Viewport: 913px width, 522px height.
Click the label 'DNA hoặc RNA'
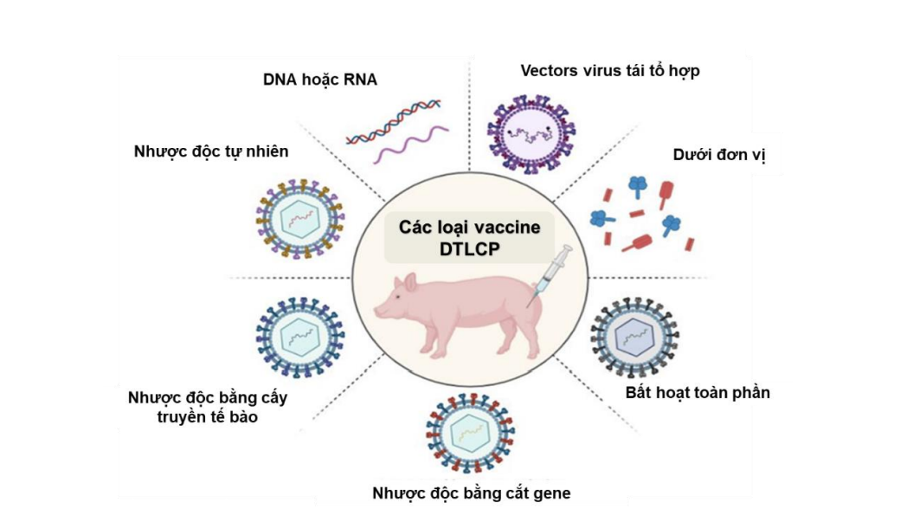click(x=320, y=81)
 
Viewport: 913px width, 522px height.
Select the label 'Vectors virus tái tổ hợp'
click(x=609, y=70)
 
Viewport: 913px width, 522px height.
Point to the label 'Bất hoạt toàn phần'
click(x=698, y=392)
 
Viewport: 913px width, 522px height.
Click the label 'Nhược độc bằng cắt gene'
click(x=472, y=493)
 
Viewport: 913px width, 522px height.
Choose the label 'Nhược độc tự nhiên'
click(x=211, y=151)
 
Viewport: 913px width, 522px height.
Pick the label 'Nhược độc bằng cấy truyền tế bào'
click(x=207, y=407)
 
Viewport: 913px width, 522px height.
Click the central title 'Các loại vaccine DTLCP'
click(x=469, y=236)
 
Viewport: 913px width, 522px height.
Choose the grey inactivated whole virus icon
click(x=634, y=338)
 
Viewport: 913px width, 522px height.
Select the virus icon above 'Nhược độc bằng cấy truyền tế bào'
click(x=299, y=337)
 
